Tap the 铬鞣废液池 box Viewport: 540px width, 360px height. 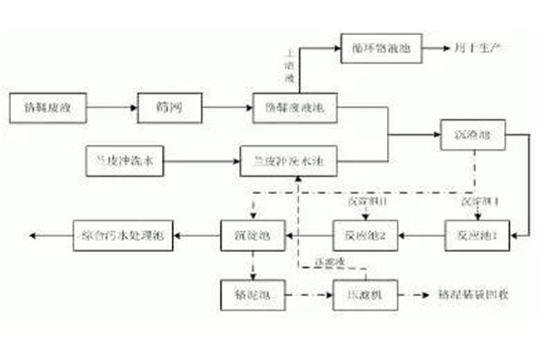point(293,107)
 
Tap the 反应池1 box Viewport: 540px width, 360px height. point(478,235)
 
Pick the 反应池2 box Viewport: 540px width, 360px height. point(365,235)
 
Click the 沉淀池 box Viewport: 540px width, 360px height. point(253,235)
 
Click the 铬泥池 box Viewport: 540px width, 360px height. point(253,293)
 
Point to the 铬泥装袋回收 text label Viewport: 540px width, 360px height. point(472,293)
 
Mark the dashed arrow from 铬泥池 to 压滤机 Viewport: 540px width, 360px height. point(306,293)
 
